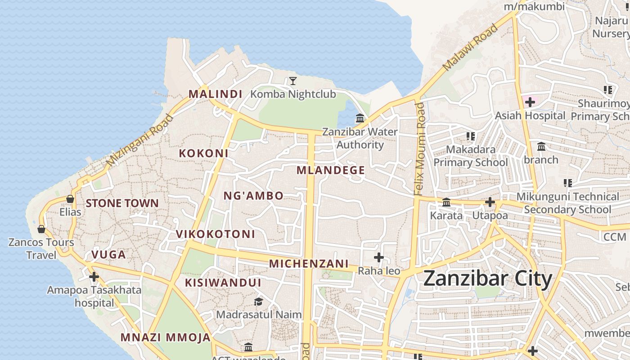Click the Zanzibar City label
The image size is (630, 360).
click(x=487, y=279)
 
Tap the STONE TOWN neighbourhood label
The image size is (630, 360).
click(x=122, y=203)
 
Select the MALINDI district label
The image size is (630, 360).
click(x=215, y=94)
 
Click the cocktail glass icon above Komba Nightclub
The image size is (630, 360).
click(x=293, y=81)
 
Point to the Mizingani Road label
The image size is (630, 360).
click(x=140, y=140)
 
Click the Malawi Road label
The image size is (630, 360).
click(x=471, y=47)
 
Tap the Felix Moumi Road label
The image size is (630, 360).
click(x=419, y=148)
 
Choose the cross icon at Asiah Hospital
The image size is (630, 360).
click(x=530, y=102)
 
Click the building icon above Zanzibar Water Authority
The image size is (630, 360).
click(x=360, y=118)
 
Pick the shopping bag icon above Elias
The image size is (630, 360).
click(x=70, y=198)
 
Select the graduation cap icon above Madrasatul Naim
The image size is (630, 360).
click(x=258, y=301)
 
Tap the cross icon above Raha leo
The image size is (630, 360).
click(x=379, y=257)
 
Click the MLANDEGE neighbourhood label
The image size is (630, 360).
click(x=331, y=171)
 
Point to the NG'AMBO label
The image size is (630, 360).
click(x=253, y=196)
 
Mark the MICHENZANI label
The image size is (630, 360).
click(x=309, y=264)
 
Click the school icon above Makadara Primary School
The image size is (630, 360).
click(x=471, y=136)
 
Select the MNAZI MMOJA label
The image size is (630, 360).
click(x=166, y=337)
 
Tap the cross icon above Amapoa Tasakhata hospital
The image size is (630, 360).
click(x=94, y=276)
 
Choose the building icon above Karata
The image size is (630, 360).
click(x=446, y=202)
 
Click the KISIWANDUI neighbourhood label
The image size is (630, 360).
click(x=223, y=283)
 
